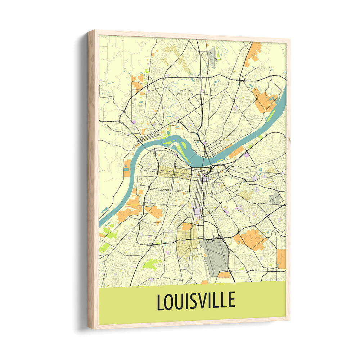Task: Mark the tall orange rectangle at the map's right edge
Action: click(282, 258)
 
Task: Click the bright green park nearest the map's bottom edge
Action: click(152, 265)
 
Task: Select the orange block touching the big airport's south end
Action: click(224, 275)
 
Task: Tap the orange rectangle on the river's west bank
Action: click(127, 168)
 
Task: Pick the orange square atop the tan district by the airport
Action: click(187, 226)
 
